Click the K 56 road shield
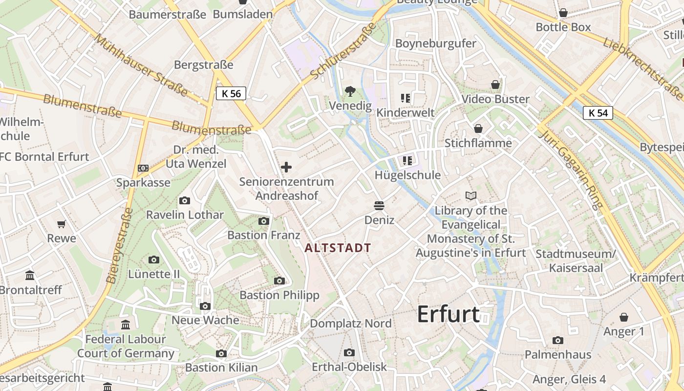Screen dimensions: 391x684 click(231, 93)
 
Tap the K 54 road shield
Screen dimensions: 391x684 click(598, 113)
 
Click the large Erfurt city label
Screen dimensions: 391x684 click(448, 314)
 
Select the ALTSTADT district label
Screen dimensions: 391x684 click(338, 248)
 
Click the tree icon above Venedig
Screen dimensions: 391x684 click(350, 91)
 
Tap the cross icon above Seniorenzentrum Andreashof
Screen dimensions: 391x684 click(286, 167)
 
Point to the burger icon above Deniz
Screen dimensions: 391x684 click(379, 205)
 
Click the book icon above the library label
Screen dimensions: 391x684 click(471, 196)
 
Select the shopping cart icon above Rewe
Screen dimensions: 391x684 click(62, 224)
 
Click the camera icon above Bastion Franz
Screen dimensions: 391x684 click(264, 221)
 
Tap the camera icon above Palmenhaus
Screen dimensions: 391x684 click(558, 340)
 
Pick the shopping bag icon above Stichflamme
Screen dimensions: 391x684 click(478, 129)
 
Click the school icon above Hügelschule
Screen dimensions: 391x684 click(407, 160)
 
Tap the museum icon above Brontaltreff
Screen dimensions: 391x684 click(30, 275)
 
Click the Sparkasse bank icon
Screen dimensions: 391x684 click(143, 168)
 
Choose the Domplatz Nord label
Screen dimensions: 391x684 click(351, 323)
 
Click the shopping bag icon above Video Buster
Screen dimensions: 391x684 click(495, 85)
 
